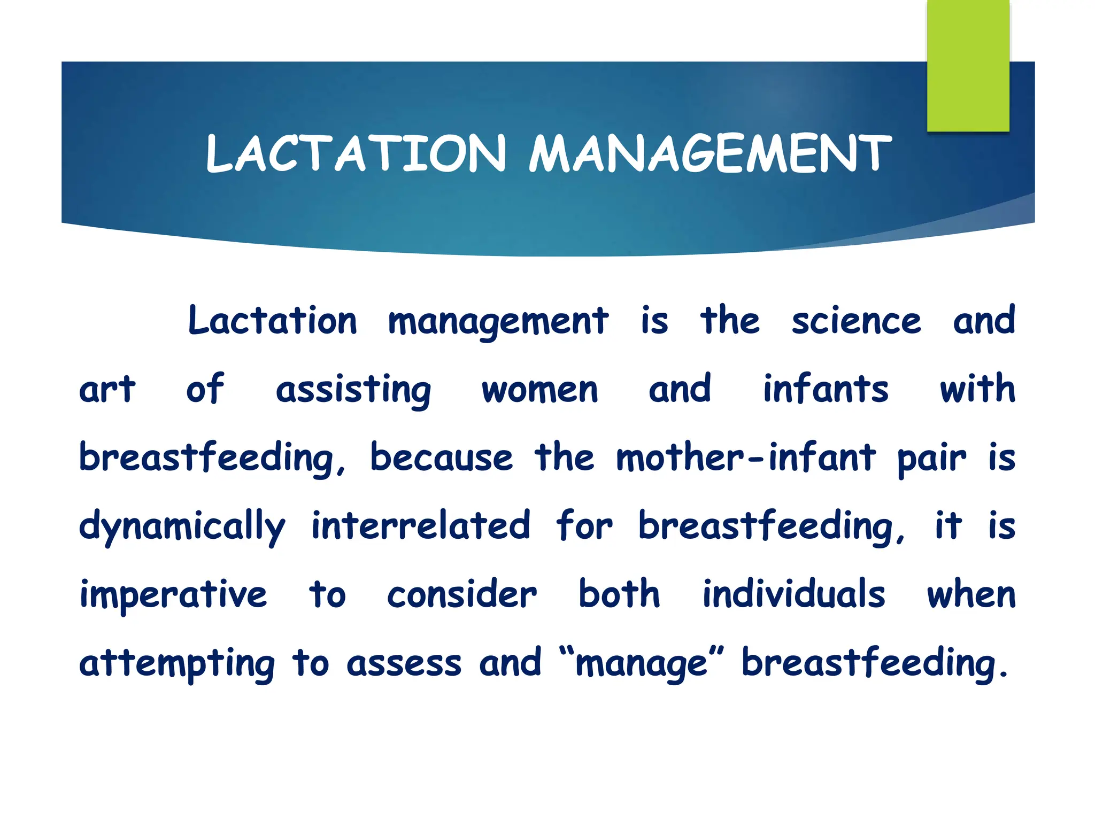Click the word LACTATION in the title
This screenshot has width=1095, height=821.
point(356,154)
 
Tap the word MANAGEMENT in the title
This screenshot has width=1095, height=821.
point(710,154)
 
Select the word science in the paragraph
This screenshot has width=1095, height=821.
point(856,321)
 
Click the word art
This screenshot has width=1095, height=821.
point(107,390)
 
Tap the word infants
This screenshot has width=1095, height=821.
point(826,390)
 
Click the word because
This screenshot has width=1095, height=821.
point(441,458)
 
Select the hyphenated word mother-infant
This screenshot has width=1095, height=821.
point(745,458)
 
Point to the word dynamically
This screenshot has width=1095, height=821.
point(182,527)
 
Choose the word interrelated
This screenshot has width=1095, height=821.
point(421,526)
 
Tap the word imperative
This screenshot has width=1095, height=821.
point(173,595)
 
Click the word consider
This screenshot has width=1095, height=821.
point(462,595)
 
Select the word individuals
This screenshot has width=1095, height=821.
point(793,594)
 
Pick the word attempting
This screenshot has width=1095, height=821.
point(177,664)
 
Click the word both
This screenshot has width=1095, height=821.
point(619,594)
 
